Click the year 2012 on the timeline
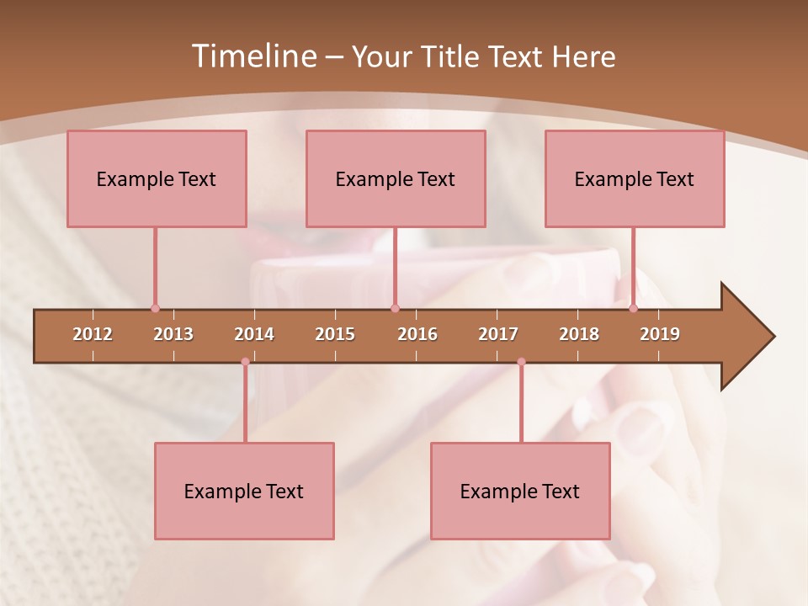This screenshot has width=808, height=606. click(93, 334)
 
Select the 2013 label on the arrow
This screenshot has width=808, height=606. click(173, 334)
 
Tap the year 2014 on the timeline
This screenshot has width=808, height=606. click(254, 334)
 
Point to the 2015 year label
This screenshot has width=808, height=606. click(335, 334)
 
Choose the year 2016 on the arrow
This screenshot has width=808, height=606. click(417, 334)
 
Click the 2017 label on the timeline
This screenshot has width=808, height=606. click(498, 334)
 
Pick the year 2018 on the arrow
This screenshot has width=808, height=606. click(579, 334)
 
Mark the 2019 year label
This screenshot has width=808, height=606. click(660, 334)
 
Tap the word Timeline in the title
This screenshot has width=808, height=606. click(252, 56)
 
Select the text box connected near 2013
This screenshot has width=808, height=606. click(157, 178)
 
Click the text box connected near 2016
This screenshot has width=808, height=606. click(396, 178)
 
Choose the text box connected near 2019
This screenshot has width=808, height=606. click(635, 178)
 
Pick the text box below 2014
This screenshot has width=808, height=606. click(244, 491)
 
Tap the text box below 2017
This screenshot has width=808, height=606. click(520, 491)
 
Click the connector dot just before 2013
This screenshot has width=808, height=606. click(155, 308)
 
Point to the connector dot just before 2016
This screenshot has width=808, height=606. click(395, 308)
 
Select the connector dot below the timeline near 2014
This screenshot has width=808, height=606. click(245, 362)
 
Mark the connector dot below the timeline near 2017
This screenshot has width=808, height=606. click(521, 362)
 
